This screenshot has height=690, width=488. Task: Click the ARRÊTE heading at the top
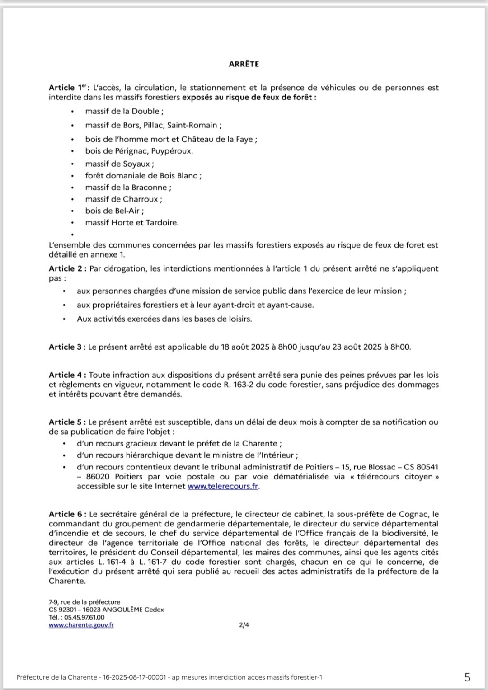pos(244,64)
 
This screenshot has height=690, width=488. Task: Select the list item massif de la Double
pos(124,111)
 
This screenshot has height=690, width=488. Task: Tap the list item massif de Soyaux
pos(119,164)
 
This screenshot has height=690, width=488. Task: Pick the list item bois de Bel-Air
pos(114,211)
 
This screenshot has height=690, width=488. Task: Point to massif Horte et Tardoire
pos(131,222)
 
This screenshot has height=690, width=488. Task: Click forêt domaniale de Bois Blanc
pos(143,175)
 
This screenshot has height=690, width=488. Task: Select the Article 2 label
pos(68,268)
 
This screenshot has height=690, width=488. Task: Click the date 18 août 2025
pos(244,347)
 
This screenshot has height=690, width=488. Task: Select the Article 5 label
pos(68,422)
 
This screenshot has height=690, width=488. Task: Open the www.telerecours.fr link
pos(223,486)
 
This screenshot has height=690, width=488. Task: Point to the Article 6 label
pos(68,514)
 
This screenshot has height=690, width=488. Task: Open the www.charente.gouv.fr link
pos(81,625)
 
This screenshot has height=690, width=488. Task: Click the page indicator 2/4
pos(244,625)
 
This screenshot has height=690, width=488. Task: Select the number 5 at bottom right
pos(467,677)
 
